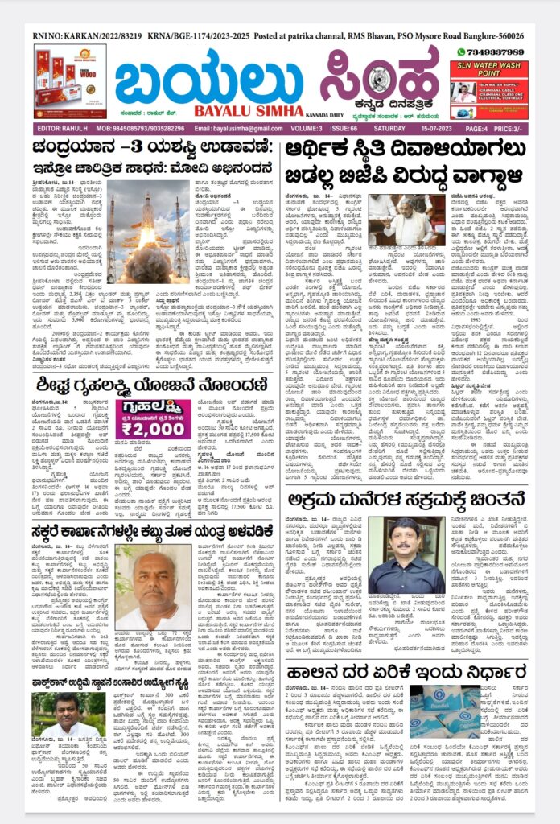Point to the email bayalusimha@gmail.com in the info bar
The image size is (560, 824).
click(238, 129)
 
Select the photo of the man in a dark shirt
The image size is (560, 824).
click(399, 556)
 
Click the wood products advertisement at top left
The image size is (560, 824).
click(69, 81)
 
